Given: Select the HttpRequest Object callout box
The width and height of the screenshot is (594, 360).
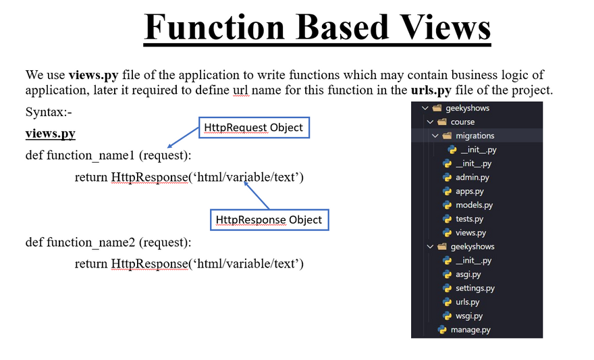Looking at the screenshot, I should tap(253, 128).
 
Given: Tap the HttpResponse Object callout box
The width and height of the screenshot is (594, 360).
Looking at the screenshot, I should tap(269, 220).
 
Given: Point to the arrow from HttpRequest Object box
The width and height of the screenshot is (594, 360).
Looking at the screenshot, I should tap(182, 138).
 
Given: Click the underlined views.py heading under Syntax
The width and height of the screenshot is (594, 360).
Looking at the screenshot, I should tap(51, 134).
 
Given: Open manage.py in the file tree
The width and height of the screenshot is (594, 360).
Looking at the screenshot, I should tap(470, 330).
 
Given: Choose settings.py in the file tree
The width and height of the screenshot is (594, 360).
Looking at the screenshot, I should tap(475, 288).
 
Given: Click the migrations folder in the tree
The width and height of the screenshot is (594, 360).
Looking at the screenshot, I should tap(475, 136).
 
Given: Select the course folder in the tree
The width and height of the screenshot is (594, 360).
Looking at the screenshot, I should tap(462, 122).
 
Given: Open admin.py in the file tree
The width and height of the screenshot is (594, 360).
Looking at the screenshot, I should tap(472, 177).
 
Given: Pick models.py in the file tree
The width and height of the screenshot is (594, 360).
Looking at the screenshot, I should tap(474, 205).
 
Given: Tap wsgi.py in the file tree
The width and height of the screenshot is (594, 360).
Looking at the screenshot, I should tap(469, 315).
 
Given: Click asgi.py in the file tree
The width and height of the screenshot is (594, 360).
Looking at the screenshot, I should tap(468, 274).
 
